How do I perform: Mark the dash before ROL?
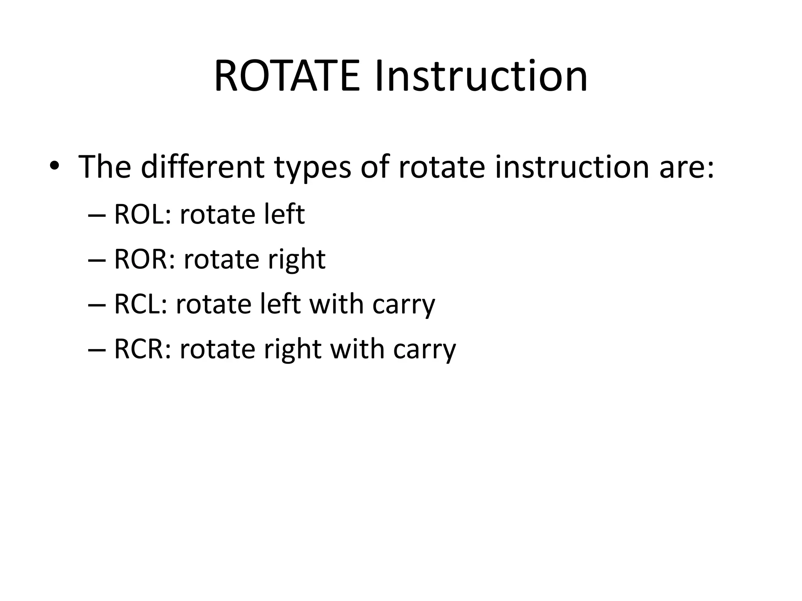tap(97, 216)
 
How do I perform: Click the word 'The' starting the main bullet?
tap(105, 167)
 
